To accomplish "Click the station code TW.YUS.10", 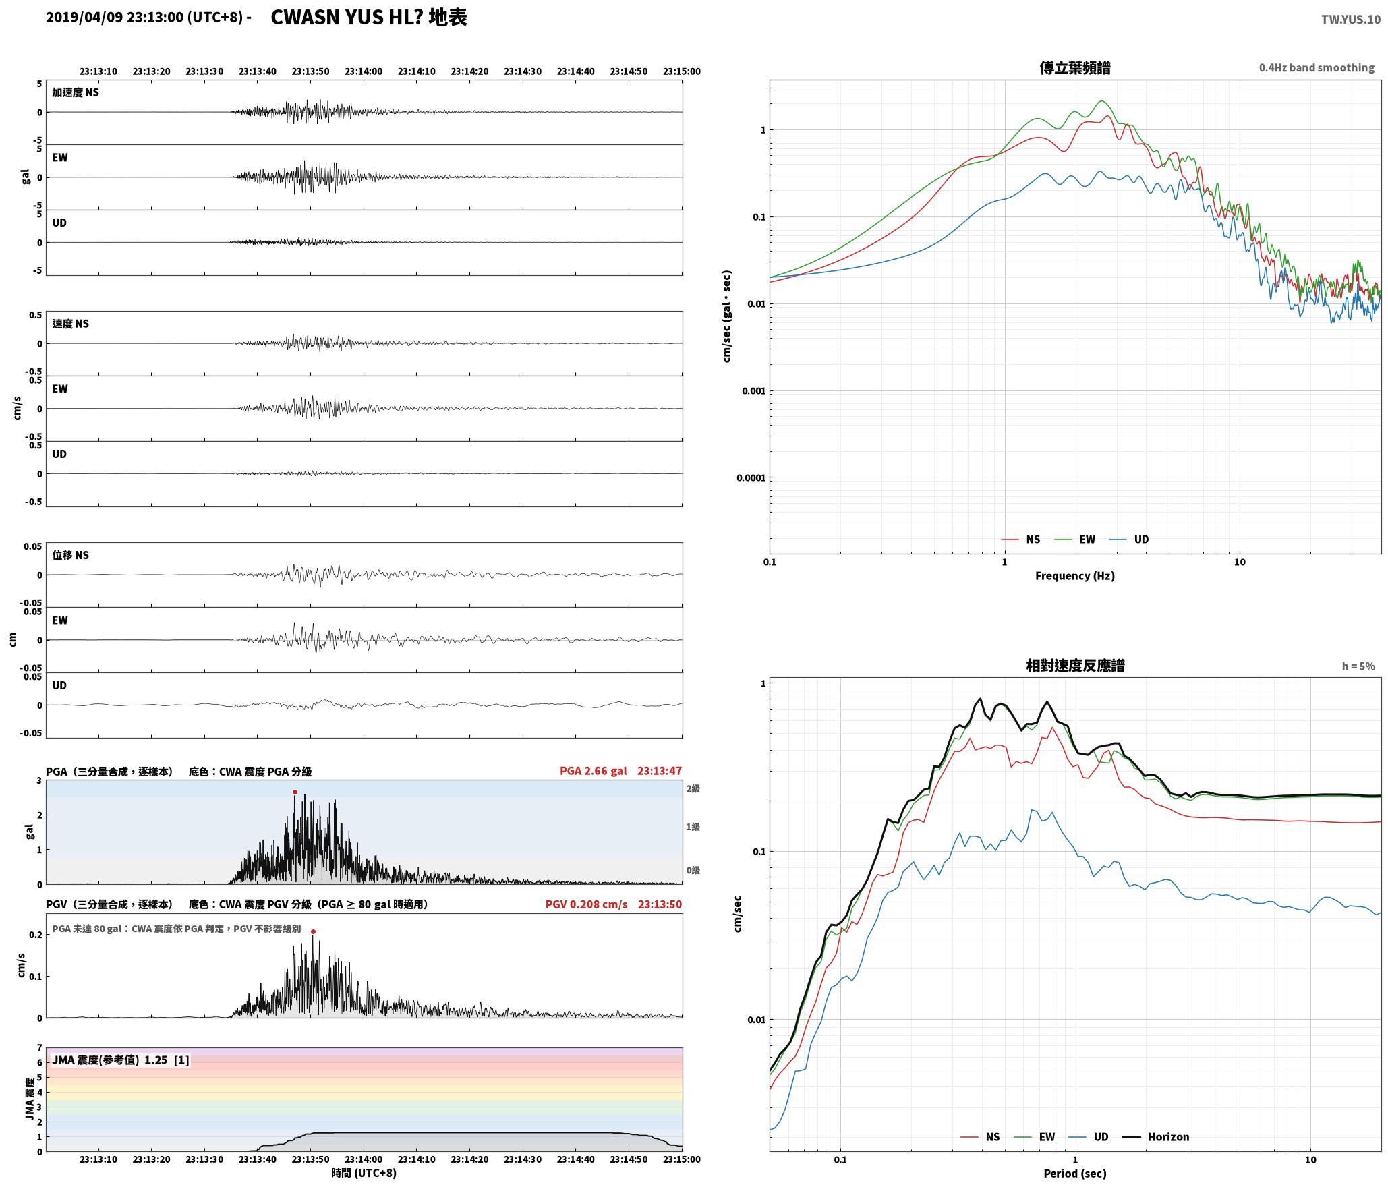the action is coord(1350,20).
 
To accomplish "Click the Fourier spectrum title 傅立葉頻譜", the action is coord(1075,68).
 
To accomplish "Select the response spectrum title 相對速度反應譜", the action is coord(1075,666).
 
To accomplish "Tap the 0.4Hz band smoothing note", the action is coord(1317,68).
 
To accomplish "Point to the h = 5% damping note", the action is coord(1358,666).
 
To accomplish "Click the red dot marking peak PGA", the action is coord(295,792).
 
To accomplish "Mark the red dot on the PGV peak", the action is coord(313,932).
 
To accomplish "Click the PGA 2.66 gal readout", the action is coord(594,771).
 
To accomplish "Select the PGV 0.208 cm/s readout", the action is coord(587,904).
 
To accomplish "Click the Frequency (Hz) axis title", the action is coord(1075,576).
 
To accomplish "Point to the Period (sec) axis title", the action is coord(1075,1174).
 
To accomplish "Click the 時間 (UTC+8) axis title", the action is coord(364,1173).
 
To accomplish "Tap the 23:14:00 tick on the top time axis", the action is coord(364,71).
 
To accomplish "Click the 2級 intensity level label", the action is coord(693,789).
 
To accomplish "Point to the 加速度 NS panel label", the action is coord(76,92).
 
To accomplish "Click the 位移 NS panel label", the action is coord(70,555).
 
